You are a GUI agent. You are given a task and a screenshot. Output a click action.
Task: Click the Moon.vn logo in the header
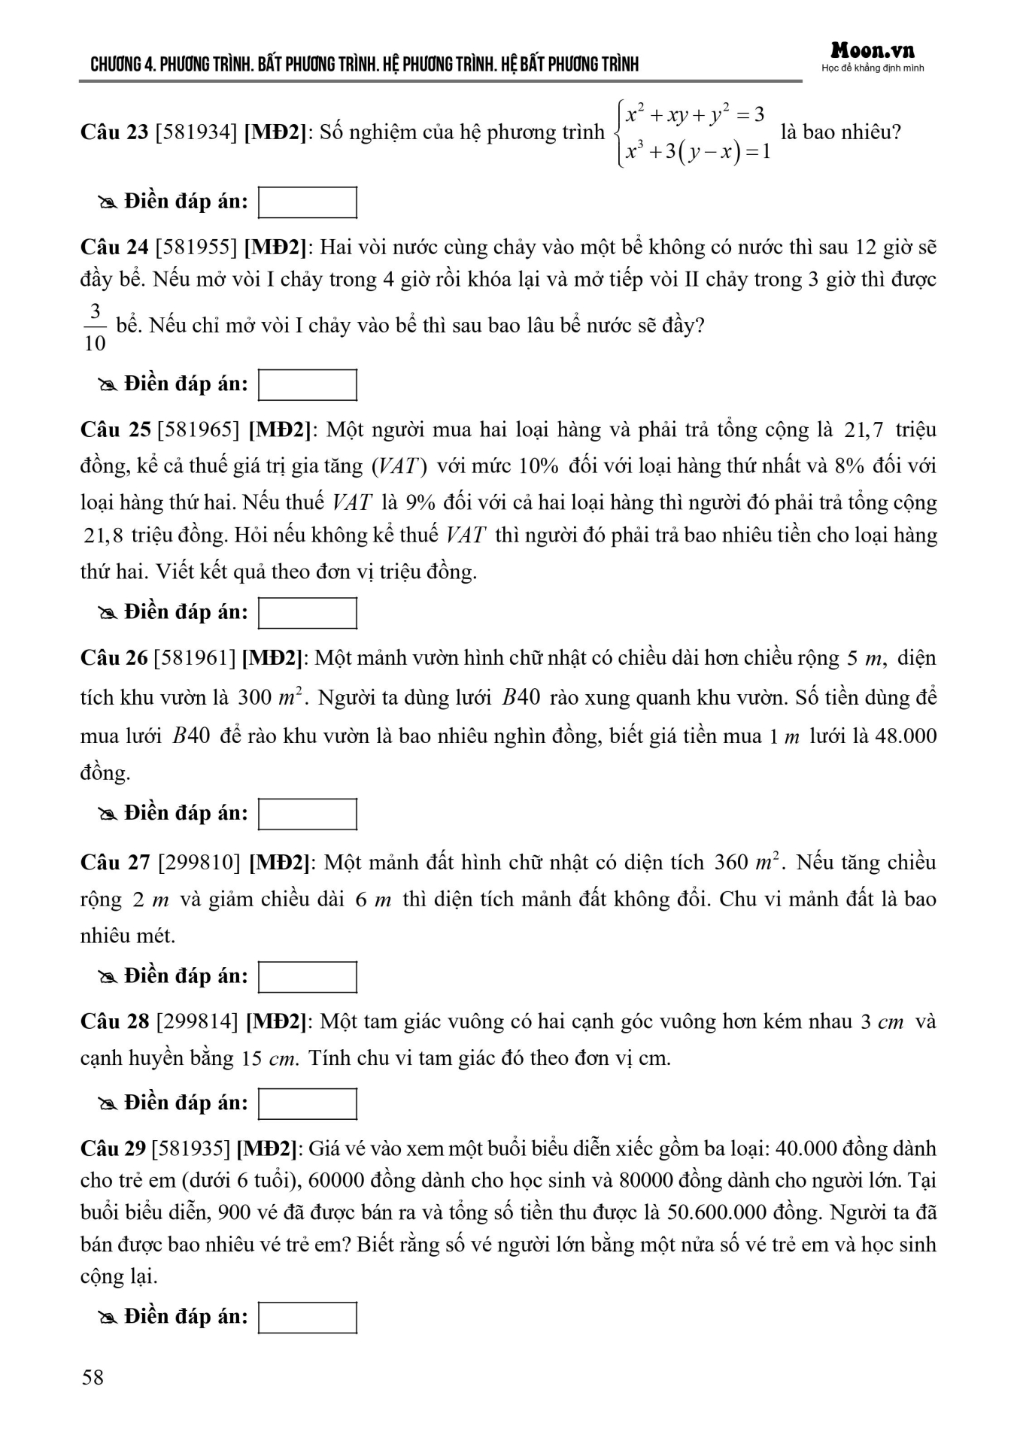coord(873,51)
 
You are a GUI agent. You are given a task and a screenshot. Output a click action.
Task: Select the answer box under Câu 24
coord(307,385)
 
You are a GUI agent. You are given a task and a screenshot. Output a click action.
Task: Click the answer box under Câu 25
coord(307,613)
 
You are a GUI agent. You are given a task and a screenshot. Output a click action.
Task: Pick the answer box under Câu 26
coord(307,815)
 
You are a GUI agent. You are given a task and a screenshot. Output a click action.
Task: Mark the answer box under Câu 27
coord(307,977)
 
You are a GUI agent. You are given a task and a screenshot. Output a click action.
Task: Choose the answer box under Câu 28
coord(307,1103)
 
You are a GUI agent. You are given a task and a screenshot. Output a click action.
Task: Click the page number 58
coord(93,1377)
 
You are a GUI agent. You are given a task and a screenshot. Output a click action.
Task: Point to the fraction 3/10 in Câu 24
coord(95,327)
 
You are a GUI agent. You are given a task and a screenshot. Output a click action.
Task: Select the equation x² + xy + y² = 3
coord(696,115)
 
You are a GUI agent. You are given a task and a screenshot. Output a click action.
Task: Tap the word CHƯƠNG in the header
coord(116,65)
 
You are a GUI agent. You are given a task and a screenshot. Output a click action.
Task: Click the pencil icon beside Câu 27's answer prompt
coord(107,977)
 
